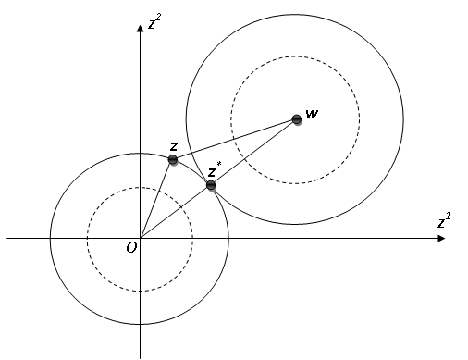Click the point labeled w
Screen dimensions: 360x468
point(296,118)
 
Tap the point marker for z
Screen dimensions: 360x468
point(173,160)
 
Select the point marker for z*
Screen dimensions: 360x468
point(211,185)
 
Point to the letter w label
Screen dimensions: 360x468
point(312,114)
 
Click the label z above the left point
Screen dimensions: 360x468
point(173,145)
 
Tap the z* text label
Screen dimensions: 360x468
point(215,171)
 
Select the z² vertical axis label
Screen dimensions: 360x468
point(154,23)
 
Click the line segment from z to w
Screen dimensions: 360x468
point(235,139)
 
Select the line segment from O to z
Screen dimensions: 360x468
point(156,199)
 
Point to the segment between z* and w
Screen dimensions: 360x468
point(253,152)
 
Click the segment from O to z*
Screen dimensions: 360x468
point(176,212)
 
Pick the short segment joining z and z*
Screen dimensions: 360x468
point(191,172)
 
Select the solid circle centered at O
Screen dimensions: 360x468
point(50,239)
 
